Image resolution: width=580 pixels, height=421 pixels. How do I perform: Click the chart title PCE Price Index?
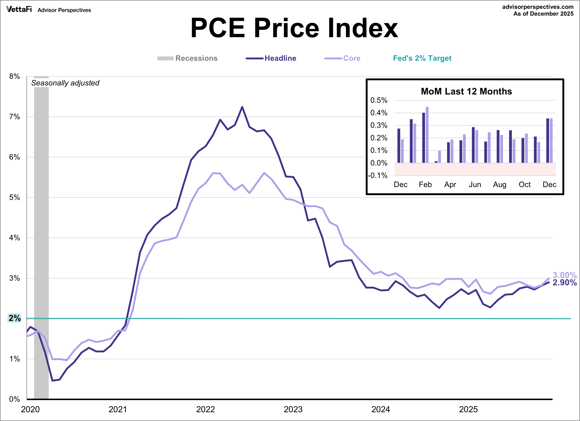tap(294, 28)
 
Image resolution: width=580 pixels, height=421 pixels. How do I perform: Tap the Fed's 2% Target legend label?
tap(422, 58)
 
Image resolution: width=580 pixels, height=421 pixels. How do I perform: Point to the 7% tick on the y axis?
tap(15, 117)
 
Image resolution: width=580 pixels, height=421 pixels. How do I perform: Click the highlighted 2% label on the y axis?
tap(15, 318)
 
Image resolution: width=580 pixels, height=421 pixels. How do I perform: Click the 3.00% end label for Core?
tap(565, 275)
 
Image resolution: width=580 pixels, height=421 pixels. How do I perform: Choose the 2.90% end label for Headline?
tap(565, 282)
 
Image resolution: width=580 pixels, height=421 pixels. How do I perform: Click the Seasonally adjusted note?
tap(65, 83)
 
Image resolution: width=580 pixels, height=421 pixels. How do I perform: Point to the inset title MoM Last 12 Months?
tap(466, 91)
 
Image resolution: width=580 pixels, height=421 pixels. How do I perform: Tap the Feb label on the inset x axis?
tap(425, 184)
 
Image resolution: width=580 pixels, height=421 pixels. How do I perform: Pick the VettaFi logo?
tap(19, 9)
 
